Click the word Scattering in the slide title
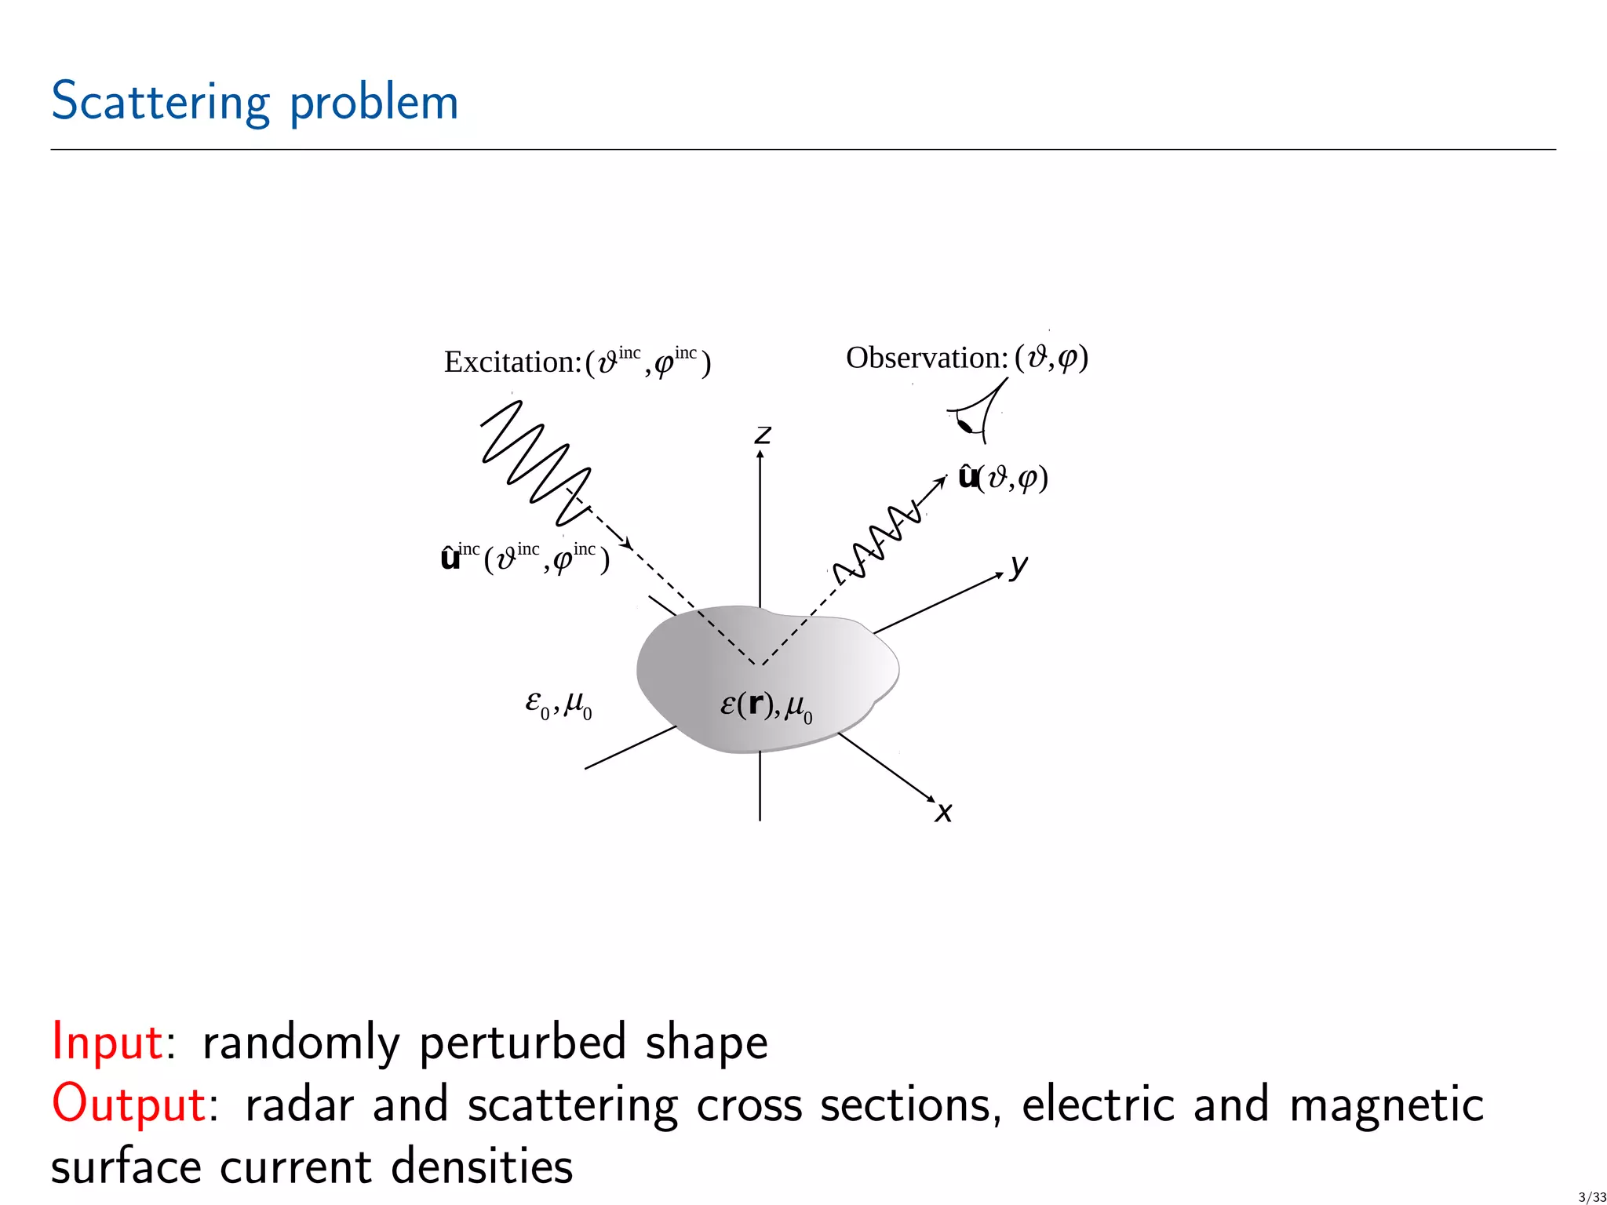pyautogui.click(x=161, y=102)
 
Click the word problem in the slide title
pyautogui.click(x=374, y=102)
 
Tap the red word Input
pyautogui.click(x=107, y=1042)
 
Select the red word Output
pyautogui.click(x=129, y=1104)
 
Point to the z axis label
pyautogui.click(x=763, y=435)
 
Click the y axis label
pyautogui.click(x=1018, y=565)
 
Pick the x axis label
pyautogui.click(x=944, y=813)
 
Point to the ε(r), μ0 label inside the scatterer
pyautogui.click(x=766, y=706)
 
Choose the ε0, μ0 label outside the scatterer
pyautogui.click(x=558, y=704)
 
